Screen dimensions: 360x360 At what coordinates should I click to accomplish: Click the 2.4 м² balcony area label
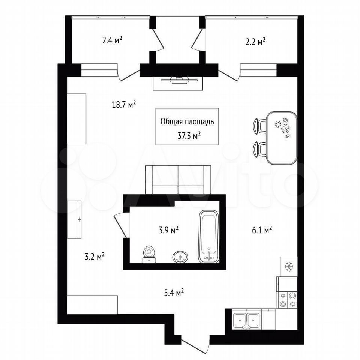tap(112, 40)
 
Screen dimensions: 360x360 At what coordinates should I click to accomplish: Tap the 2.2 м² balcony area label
tap(256, 42)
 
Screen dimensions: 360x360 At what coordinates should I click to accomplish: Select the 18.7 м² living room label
tap(124, 105)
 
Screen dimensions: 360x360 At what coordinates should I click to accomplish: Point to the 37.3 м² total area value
tap(189, 136)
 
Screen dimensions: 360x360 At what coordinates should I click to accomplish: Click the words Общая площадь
tap(187, 121)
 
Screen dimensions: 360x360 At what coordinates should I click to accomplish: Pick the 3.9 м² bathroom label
tap(169, 230)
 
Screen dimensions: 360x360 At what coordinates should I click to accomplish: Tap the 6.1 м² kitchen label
tap(262, 230)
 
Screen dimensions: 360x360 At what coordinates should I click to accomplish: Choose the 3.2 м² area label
tap(95, 256)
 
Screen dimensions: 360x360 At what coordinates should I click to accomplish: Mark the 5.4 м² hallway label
tap(174, 292)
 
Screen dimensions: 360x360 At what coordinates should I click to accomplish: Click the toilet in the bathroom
tap(149, 254)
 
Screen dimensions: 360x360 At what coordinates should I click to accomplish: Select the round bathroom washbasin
tap(180, 257)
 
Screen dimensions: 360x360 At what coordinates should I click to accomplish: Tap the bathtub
tap(208, 237)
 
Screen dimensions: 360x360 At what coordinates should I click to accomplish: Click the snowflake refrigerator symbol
tap(289, 267)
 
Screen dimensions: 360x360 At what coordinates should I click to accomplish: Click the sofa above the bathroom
tap(178, 180)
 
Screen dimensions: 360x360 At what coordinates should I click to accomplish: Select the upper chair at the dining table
tap(259, 126)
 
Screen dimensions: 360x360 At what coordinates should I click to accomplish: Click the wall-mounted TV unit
tap(178, 83)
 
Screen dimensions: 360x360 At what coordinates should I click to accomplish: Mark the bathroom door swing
tap(121, 225)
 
